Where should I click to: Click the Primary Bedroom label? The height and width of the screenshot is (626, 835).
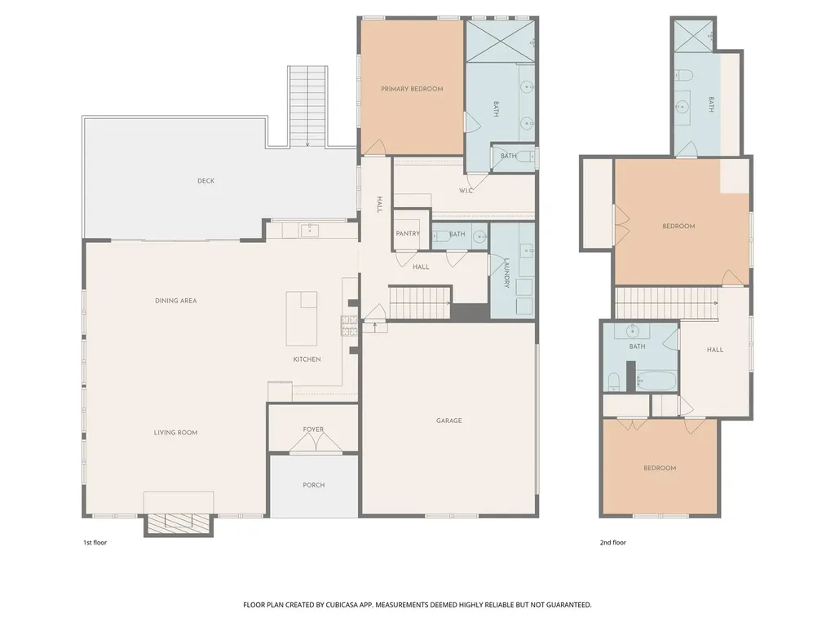pos(412,89)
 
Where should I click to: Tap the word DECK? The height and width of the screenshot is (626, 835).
pos(206,181)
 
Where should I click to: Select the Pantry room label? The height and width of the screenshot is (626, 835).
pos(408,234)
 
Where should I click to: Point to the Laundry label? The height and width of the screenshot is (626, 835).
pos(506,273)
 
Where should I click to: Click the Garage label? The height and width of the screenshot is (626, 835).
pos(449,421)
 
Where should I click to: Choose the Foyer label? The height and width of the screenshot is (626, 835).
pos(313,430)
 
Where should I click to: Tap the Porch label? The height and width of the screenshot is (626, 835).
pos(314,485)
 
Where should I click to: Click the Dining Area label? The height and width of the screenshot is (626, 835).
pos(176,301)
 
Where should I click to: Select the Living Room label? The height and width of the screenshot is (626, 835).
pos(176,433)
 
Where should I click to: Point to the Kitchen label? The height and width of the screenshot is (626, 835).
pos(307,359)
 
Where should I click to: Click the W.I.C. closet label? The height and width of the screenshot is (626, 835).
pos(466,191)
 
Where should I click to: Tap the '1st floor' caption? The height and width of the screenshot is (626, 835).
pos(95,542)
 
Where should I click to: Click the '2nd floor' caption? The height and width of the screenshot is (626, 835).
pos(613,542)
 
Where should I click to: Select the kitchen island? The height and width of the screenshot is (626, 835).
pos(302,319)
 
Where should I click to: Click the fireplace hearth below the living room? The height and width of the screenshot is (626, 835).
pos(179,524)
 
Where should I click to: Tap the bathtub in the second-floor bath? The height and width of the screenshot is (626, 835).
pos(656,381)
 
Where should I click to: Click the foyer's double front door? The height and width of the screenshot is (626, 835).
pos(316,442)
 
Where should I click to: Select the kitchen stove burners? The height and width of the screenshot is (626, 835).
pos(349,326)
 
